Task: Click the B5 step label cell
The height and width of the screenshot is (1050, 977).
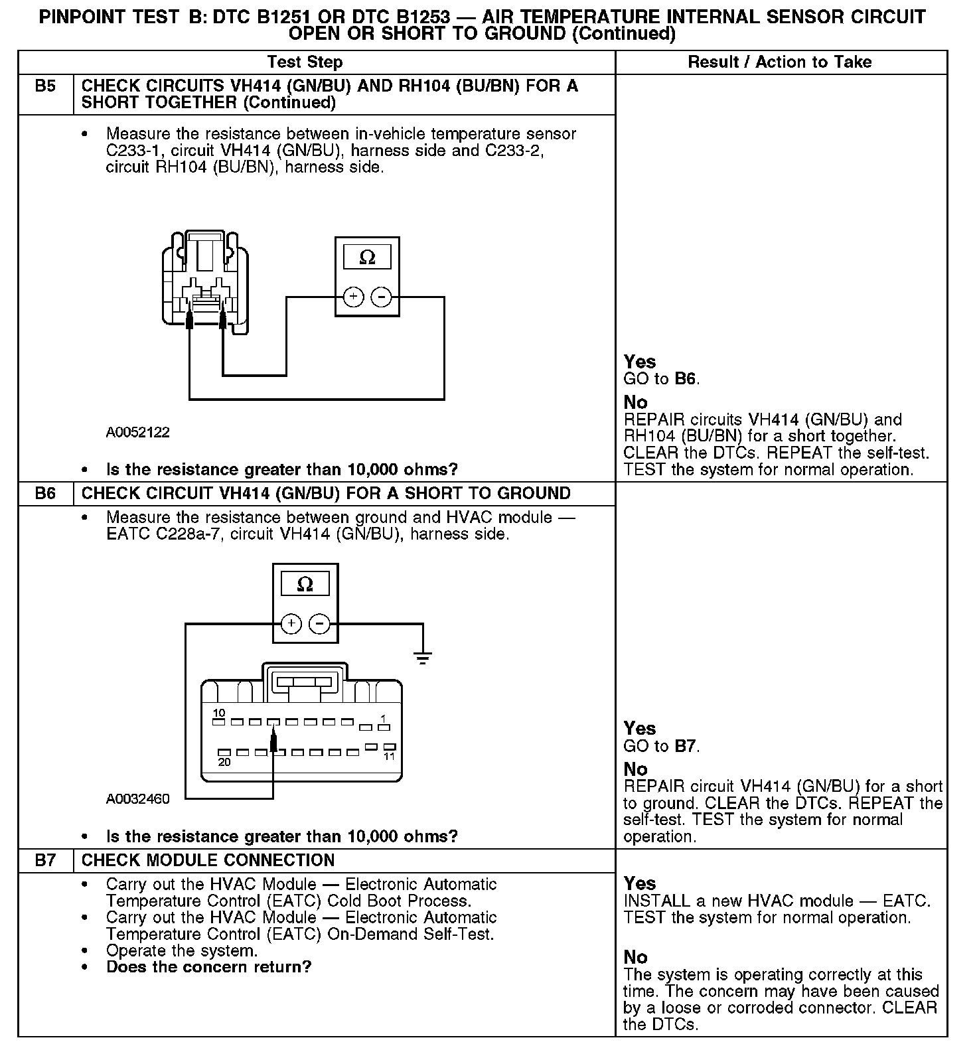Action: (x=45, y=86)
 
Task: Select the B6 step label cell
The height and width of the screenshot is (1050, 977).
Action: (x=45, y=494)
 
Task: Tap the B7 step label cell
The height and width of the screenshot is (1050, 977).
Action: (x=45, y=861)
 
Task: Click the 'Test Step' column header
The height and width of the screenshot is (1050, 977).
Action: (x=305, y=62)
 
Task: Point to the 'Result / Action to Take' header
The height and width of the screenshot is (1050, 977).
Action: (x=780, y=62)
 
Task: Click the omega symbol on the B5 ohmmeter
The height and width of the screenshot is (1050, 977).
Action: (x=366, y=258)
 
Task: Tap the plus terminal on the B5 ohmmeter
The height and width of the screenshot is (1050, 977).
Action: (x=353, y=297)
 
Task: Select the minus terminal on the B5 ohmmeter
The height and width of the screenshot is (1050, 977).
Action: (x=381, y=297)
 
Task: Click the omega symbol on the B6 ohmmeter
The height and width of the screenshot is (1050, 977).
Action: (x=305, y=584)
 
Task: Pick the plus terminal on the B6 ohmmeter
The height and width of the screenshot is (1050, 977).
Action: (x=291, y=624)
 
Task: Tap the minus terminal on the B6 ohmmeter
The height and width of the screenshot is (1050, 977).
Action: (x=320, y=624)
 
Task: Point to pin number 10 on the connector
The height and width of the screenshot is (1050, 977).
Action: (x=218, y=713)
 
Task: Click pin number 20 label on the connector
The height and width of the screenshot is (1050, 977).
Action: (x=224, y=762)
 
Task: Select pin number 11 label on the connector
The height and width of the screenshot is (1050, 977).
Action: (x=390, y=757)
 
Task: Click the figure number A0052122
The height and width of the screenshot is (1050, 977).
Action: (x=138, y=433)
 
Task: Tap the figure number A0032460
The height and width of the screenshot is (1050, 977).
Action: (x=138, y=799)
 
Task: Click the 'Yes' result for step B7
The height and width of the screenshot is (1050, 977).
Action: (x=640, y=883)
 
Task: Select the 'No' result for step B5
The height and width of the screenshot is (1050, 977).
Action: (x=635, y=402)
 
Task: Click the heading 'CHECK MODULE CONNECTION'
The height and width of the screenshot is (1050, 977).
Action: (x=208, y=861)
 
